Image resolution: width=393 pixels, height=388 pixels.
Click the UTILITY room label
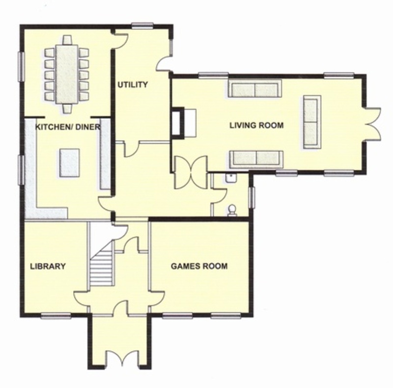(x=133, y=84)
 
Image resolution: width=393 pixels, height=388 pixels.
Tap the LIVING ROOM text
(x=256, y=125)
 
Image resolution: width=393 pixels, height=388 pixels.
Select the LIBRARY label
(x=48, y=266)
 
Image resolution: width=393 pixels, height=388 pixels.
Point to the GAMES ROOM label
(x=199, y=266)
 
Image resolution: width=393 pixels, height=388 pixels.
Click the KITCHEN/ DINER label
(x=68, y=127)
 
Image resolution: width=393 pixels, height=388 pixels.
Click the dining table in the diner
(x=67, y=74)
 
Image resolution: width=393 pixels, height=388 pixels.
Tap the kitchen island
(x=70, y=163)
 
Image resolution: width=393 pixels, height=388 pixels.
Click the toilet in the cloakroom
(x=232, y=210)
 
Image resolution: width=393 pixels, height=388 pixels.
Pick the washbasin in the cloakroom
(x=230, y=178)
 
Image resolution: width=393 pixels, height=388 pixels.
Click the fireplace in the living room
(x=177, y=122)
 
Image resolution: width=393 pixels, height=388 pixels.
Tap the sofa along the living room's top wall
(x=254, y=89)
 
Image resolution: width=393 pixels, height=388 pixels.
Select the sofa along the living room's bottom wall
(x=256, y=159)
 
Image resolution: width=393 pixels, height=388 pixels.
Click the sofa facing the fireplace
(x=312, y=122)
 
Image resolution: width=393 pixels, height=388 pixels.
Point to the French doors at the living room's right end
(x=373, y=124)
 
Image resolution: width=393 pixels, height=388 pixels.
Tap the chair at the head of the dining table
(x=67, y=40)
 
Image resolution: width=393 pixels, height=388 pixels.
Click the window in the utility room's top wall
(x=142, y=25)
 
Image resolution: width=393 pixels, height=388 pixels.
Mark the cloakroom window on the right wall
(x=252, y=198)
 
